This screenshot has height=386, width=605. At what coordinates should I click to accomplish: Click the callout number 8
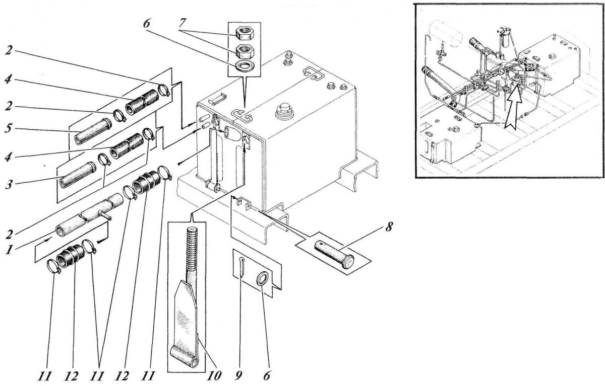pos(389,227)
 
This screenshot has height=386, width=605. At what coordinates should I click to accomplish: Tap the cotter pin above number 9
pos(241,267)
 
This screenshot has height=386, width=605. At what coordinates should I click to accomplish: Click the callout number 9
pos(238,375)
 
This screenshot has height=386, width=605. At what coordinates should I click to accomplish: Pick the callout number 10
pos(214,375)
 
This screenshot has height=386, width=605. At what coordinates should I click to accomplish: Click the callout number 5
pos(9,129)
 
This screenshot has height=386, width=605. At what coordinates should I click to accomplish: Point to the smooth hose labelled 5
pos(93,131)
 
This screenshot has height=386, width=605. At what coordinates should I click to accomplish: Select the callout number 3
pos(9,185)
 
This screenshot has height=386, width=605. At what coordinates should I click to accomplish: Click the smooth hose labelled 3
pos(78,175)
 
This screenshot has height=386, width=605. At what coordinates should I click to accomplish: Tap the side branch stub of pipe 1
pos(105,215)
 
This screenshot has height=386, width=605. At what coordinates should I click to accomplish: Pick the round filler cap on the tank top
pos(284,112)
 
